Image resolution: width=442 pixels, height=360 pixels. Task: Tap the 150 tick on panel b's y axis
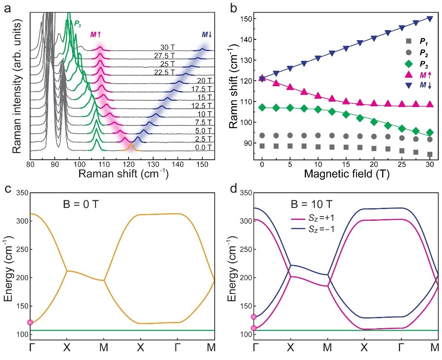tap(247, 19)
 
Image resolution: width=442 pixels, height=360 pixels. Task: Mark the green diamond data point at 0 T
tap(262, 107)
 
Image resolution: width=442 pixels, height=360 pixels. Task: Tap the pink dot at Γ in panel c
tap(30, 322)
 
